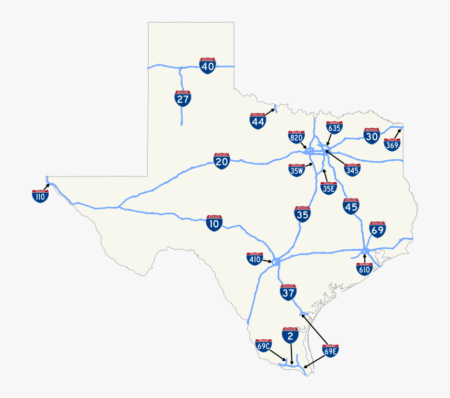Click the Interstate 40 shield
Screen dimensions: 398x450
point(208,66)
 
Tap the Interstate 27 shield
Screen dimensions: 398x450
point(183,98)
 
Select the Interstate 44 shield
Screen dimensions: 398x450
point(258,121)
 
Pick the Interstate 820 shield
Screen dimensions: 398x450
point(296,137)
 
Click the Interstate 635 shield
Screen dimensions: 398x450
point(334,127)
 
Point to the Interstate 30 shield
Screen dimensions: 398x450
point(372,136)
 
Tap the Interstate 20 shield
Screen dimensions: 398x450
point(222,161)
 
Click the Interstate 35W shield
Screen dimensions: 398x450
point(297,170)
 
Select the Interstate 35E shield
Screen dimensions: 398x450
point(328,187)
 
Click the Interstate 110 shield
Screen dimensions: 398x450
point(40,196)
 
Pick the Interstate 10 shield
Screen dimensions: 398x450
point(214,224)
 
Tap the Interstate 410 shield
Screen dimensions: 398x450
point(255,258)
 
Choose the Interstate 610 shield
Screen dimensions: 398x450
point(364,269)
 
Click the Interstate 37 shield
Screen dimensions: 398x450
point(288,293)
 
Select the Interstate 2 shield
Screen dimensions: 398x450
point(290,336)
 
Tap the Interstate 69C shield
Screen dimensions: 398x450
point(263,345)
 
